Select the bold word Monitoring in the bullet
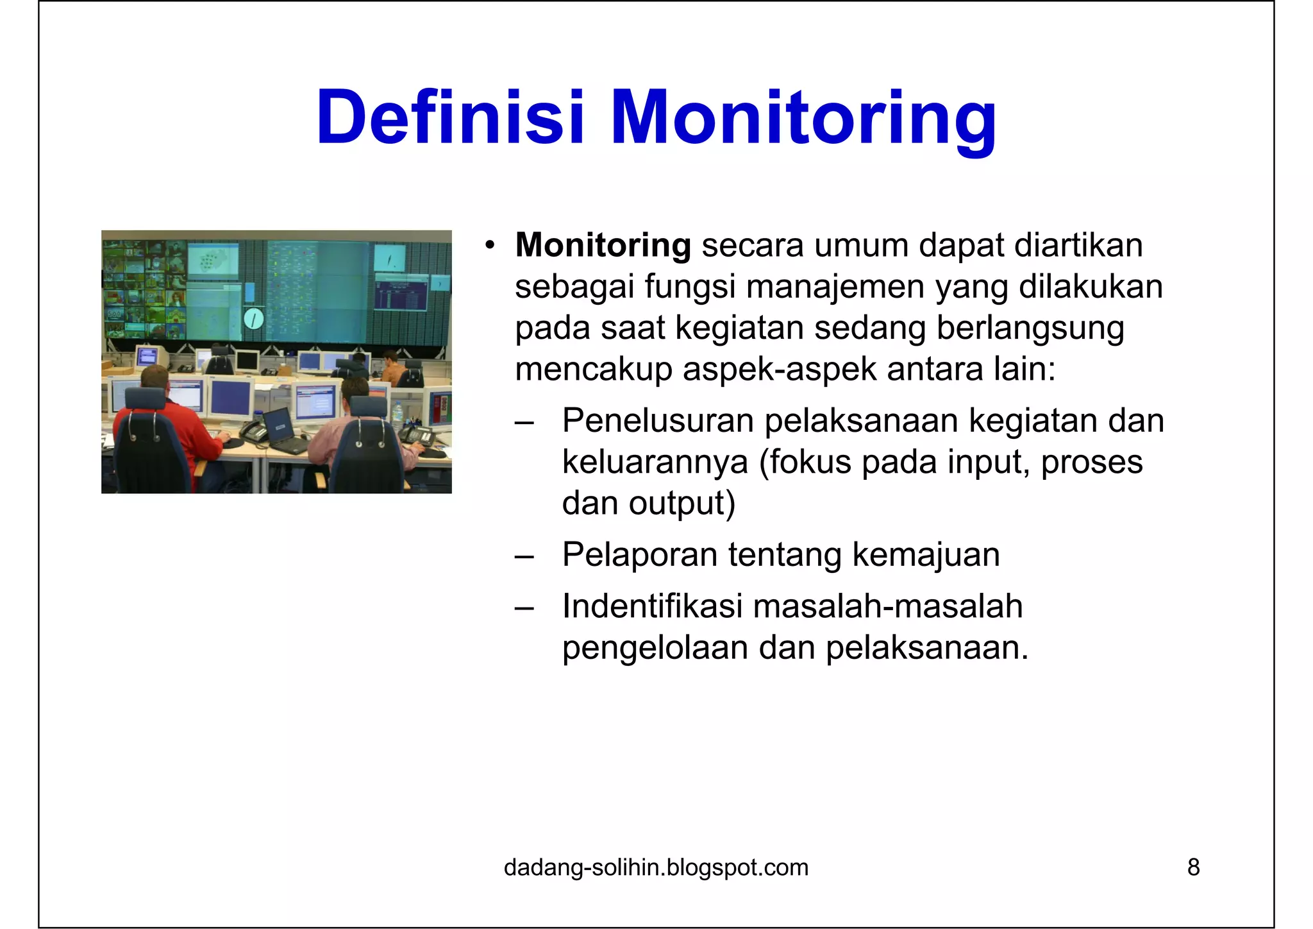point(603,245)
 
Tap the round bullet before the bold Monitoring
point(490,245)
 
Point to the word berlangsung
point(1030,328)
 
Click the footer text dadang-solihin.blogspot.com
point(656,867)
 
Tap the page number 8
point(1193,867)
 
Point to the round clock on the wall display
point(254,318)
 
